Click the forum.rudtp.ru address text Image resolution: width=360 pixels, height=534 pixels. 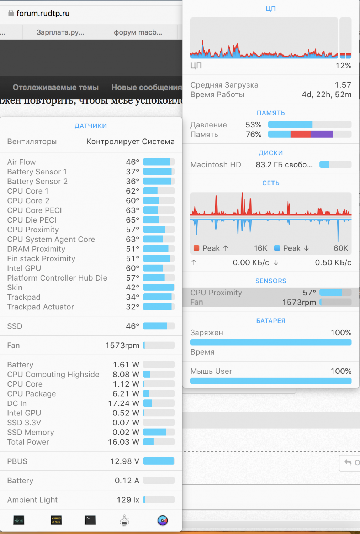(43, 14)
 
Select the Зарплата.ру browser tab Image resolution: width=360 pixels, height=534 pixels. (60, 32)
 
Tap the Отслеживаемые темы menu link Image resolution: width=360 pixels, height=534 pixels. (55, 88)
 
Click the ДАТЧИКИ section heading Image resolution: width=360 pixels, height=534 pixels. (91, 126)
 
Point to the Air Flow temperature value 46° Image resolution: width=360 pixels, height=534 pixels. (132, 162)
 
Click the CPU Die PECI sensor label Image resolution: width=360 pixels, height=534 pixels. (32, 220)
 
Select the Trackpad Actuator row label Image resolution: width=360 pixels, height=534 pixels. (41, 307)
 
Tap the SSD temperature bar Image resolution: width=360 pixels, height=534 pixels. (158, 326)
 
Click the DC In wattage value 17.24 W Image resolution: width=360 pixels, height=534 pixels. (123, 403)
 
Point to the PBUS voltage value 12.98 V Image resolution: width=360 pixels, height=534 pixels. (125, 461)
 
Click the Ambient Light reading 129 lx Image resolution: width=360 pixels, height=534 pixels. (128, 500)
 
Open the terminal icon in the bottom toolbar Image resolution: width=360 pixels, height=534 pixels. (90, 520)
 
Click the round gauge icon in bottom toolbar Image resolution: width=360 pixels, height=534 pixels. (163, 520)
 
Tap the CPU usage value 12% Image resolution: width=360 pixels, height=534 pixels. (343, 66)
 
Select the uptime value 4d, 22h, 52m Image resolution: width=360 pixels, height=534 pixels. (327, 95)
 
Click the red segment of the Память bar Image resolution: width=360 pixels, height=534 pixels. (300, 134)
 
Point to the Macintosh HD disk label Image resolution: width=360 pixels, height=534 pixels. (216, 165)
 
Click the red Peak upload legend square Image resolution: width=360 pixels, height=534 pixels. (196, 248)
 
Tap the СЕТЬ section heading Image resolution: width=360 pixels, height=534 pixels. (271, 183)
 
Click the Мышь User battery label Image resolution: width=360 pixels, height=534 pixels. (211, 371)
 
